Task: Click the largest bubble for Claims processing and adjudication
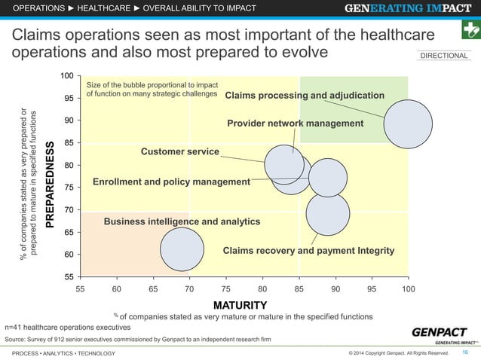click(x=408, y=124)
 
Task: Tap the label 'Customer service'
click(x=180, y=152)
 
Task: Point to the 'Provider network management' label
click(x=295, y=124)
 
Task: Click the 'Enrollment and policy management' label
click(x=171, y=182)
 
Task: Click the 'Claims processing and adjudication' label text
click(x=305, y=96)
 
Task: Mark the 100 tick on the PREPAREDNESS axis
click(x=67, y=77)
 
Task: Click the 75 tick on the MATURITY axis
click(x=226, y=289)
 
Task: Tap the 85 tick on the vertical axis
click(x=69, y=143)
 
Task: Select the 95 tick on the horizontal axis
click(x=372, y=289)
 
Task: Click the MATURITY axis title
click(x=240, y=305)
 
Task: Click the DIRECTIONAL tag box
click(x=443, y=56)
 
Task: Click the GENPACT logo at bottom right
click(x=441, y=334)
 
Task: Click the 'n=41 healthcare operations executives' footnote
click(x=68, y=328)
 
